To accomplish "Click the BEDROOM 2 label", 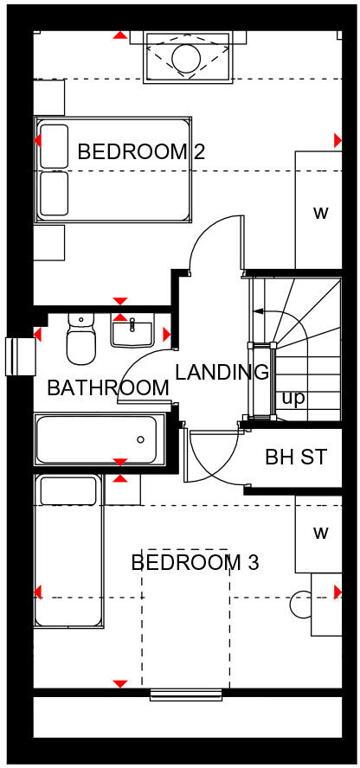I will (x=141, y=152).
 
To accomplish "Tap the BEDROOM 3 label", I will (x=195, y=563).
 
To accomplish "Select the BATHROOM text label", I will (x=107, y=388).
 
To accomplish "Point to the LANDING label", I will (x=222, y=373).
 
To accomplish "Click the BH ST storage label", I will (x=296, y=457).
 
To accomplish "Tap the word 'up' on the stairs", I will (x=292, y=399).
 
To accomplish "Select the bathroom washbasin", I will (x=132, y=330).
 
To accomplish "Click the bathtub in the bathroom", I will (x=97, y=439).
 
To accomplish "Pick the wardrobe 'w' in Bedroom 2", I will (x=320, y=212).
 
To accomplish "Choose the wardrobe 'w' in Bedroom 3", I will (x=320, y=533).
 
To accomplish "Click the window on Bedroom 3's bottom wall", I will (x=187, y=693).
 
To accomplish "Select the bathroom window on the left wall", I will (x=16, y=356).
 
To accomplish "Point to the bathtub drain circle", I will (x=140, y=439).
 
